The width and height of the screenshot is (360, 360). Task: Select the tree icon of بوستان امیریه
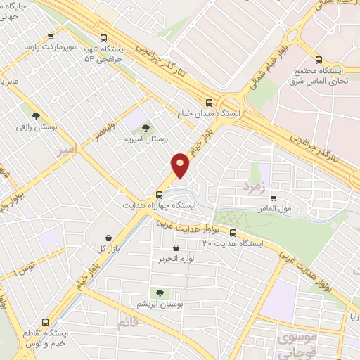[146, 128]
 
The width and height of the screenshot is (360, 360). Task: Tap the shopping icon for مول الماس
[274, 198]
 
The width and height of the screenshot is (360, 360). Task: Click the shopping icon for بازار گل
[107, 238]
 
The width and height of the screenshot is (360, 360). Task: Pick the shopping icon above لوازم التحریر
[176, 247]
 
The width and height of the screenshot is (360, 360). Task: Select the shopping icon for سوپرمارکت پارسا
[50, 37]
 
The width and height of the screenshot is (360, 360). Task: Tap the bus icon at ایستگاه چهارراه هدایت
[159, 195]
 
